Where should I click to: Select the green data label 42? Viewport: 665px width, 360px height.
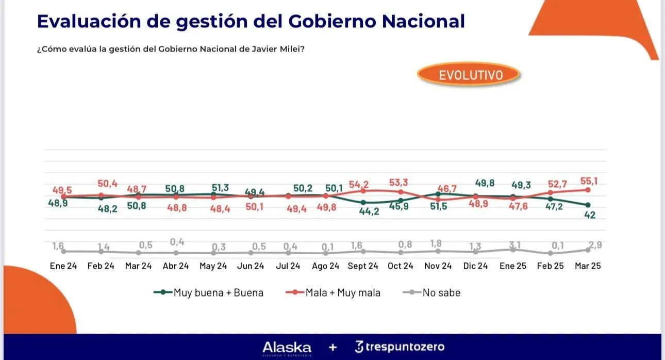(x=590, y=215)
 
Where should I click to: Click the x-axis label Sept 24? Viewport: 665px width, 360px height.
(x=363, y=266)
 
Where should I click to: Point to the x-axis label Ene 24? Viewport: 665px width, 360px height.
(x=63, y=266)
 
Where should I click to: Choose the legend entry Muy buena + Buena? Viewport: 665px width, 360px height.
(x=209, y=293)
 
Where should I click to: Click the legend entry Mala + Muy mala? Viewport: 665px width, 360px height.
(x=333, y=293)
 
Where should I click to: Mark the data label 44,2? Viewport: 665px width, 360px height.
(x=369, y=211)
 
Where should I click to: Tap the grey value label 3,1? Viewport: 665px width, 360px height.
(x=513, y=244)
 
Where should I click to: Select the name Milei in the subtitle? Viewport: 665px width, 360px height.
(x=290, y=50)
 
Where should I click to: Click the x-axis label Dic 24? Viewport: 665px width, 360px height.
(x=475, y=266)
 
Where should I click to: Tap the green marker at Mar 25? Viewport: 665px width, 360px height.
(x=588, y=205)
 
